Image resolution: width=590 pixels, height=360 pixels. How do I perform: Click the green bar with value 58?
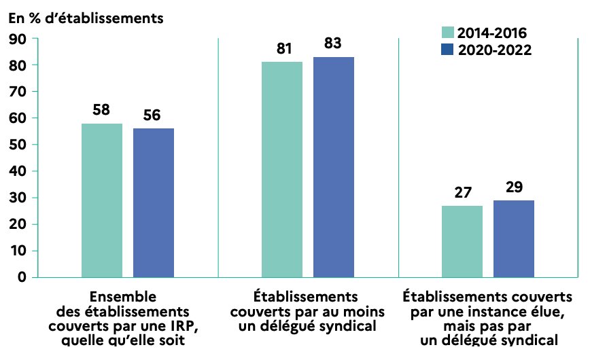coord(102,200)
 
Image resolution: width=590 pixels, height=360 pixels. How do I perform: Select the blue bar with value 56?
coord(154,202)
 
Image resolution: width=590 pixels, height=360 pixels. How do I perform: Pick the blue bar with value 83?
coord(334,166)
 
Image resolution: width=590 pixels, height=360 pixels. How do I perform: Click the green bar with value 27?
coord(462,241)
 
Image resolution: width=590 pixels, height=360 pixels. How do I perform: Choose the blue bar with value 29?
coord(514,238)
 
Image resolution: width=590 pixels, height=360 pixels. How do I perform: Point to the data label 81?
coord(283,49)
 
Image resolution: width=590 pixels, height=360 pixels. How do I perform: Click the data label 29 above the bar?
coord(515,187)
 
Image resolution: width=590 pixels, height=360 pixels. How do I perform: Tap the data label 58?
coord(102,110)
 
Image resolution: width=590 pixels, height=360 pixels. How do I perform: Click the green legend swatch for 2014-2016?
coord(448,32)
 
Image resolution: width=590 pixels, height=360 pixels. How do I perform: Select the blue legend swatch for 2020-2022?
coord(448,49)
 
